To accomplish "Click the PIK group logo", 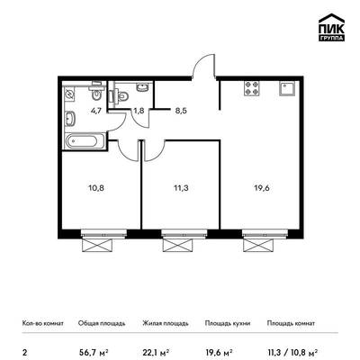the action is coord(331,28).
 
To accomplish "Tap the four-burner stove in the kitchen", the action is coord(252,88).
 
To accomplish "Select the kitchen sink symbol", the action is coord(287,88).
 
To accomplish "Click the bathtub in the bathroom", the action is coord(85,141).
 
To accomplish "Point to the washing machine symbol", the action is coord(69,95).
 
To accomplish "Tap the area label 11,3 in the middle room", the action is coord(181,188).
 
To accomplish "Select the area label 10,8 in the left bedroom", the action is coord(96,188).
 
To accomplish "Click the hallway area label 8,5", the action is coord(181,111).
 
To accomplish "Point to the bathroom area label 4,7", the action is coord(96,111).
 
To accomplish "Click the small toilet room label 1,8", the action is coord(139,111).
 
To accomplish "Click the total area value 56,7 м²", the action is coord(94,351).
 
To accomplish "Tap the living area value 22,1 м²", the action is coord(156,351).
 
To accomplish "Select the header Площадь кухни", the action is coord(228,323).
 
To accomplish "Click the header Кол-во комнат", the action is coord(43,323).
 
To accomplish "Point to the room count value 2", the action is coord(24,352).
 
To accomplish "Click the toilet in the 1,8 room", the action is coord(122,96).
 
